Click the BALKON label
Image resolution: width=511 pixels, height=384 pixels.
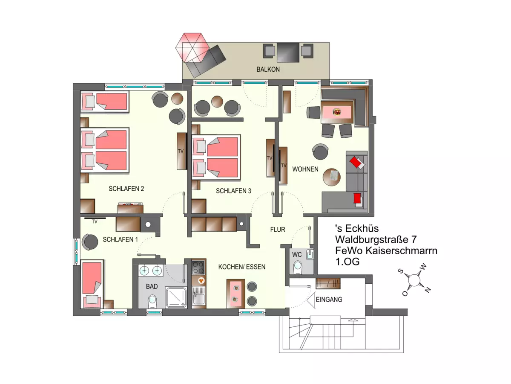268,69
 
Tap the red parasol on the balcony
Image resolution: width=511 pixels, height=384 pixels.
192,48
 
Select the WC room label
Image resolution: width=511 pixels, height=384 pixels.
297,255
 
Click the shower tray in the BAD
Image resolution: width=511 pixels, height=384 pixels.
176,297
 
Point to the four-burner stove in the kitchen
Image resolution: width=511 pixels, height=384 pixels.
198,268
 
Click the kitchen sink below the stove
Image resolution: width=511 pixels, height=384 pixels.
199,296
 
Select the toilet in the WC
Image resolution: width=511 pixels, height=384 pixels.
298,268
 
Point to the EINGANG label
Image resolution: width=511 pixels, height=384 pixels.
329,300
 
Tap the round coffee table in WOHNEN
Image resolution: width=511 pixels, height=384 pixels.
331,177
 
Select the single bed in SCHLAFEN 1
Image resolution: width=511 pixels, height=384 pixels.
92,284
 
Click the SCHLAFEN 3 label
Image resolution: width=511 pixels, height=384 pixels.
233,191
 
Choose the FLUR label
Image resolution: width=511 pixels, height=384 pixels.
278,230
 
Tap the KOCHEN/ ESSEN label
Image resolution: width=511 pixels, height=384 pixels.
242,267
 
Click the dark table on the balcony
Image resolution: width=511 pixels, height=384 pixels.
288,52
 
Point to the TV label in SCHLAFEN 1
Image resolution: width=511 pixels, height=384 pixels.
95,222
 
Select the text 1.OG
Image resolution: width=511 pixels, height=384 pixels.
347,262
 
